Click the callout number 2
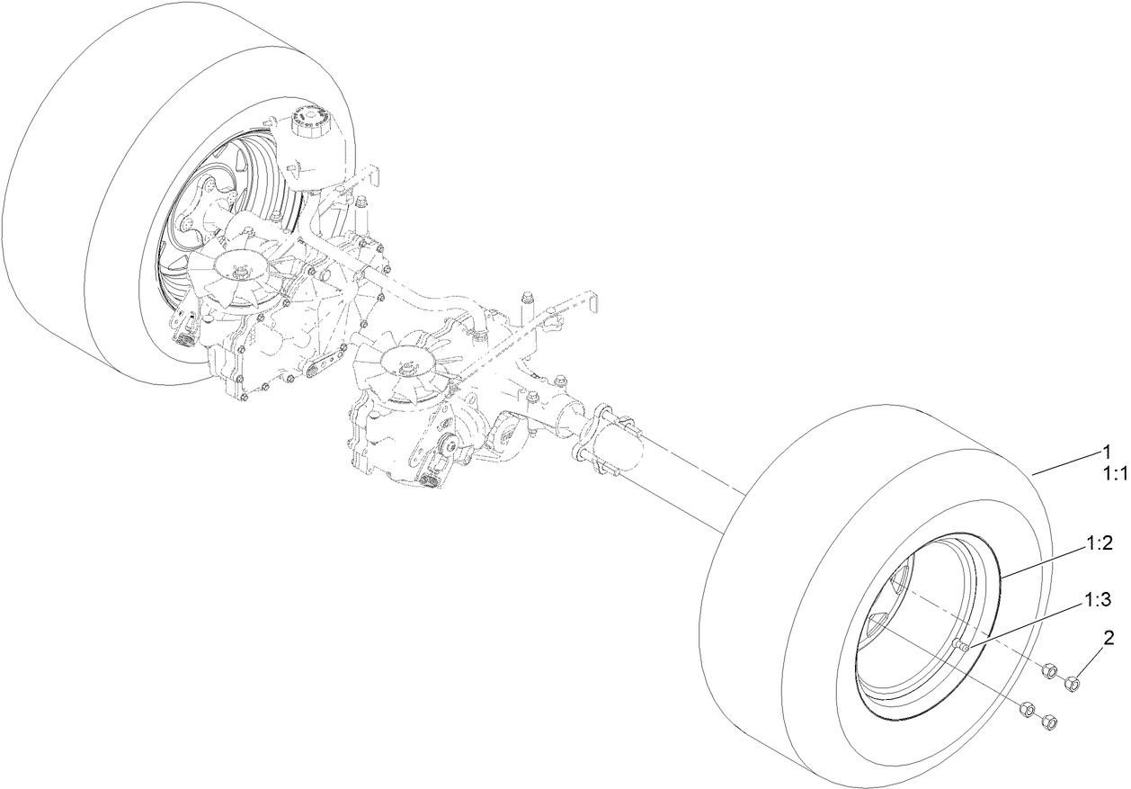click(1109, 640)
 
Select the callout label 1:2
click(1100, 542)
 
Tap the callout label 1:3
click(1100, 598)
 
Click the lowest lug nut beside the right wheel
click(1047, 722)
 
